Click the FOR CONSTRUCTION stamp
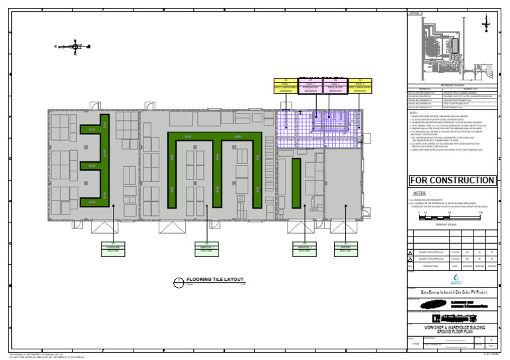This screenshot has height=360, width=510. (x=452, y=181)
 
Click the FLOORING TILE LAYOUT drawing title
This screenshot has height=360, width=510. (x=215, y=280)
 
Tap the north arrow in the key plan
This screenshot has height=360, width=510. (x=487, y=23)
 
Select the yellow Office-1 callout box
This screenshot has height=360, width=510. (x=285, y=85)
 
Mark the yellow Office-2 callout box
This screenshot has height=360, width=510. (x=360, y=85)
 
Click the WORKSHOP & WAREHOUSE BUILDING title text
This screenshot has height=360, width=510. (x=452, y=328)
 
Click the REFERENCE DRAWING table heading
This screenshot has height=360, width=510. (x=452, y=86)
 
